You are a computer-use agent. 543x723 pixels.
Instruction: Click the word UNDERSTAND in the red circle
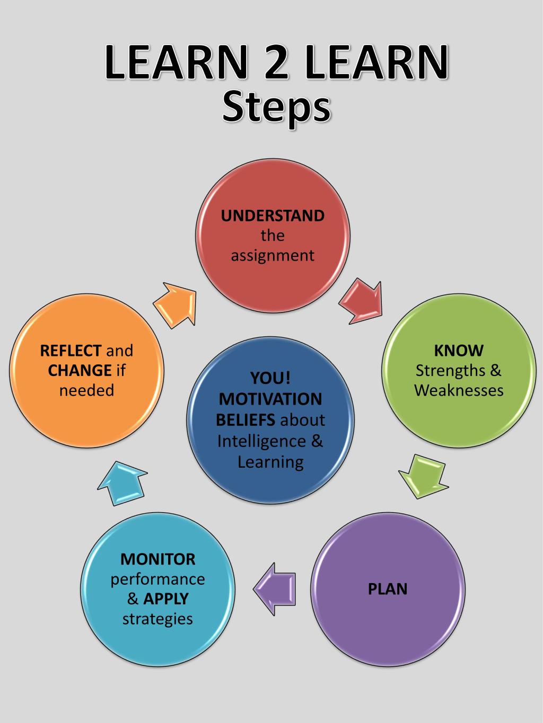pos(273,216)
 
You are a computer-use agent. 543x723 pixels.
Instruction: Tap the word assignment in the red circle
pos(273,256)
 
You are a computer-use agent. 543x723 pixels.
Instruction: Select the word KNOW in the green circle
pos(459,350)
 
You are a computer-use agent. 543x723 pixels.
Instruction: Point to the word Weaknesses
pos(459,390)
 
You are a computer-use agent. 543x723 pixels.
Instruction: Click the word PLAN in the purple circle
pos(388,589)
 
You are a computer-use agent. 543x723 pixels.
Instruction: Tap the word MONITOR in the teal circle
pos(157,559)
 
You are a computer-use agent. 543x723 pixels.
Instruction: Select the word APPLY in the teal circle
pos(166,599)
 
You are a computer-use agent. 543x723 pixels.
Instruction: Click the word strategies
pos(157,619)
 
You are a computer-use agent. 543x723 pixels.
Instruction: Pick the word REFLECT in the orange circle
pos(71,350)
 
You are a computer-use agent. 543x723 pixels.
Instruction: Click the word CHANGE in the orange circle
pos(80,370)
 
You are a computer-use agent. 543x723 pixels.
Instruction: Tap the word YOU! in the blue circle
pos(270,378)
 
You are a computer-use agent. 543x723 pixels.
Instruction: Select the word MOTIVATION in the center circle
pos(270,399)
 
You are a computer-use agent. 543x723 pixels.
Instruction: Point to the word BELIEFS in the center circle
pos(245,420)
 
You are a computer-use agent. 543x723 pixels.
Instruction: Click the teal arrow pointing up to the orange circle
pos(122,482)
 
